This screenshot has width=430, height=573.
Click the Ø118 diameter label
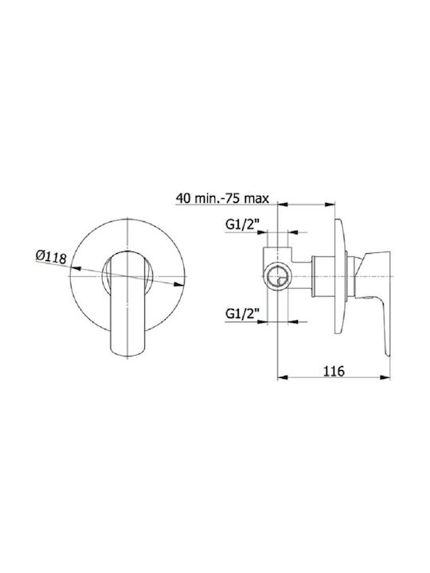pos(51,257)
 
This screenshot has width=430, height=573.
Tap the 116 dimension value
pos(334,371)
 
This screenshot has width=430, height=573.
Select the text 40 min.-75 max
pos(222,198)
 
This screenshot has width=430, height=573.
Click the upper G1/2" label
pos(242,224)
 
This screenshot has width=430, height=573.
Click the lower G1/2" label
pos(242,314)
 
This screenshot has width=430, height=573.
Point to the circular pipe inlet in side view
pos(278,277)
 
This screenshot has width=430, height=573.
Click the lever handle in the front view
pos(127,304)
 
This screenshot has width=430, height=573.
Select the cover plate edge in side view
pos(339,276)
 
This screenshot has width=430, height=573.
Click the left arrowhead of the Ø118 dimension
pos(76,269)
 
